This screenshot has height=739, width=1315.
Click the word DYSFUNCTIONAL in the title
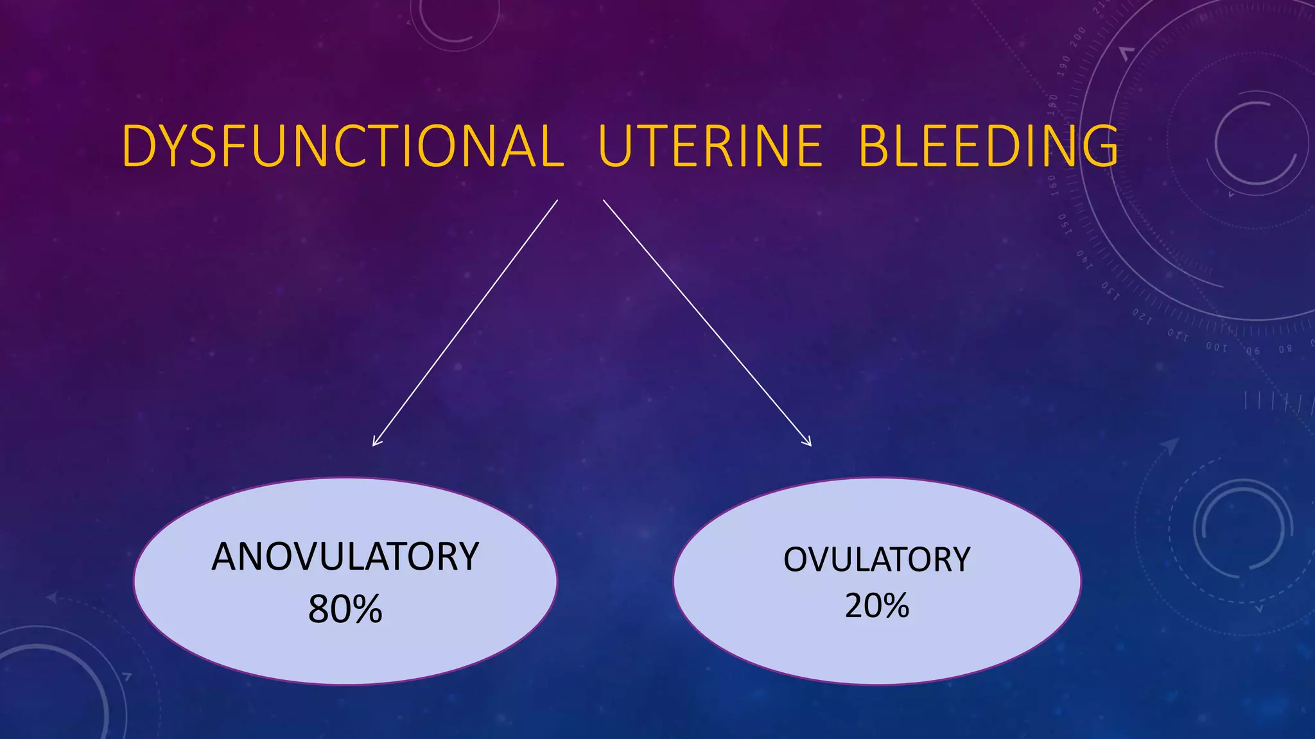point(342,146)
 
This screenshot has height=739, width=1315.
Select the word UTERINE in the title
point(710,146)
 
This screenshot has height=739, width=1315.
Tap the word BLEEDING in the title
point(988,146)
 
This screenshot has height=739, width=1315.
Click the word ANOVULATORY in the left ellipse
point(345,557)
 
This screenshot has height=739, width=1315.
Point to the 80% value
point(345,609)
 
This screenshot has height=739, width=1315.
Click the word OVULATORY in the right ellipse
point(876,559)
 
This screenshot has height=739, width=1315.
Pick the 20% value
point(876,606)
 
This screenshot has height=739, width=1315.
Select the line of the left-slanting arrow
point(466,322)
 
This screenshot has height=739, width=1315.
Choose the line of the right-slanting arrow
point(706,322)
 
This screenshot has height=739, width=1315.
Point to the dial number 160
point(1052,183)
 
